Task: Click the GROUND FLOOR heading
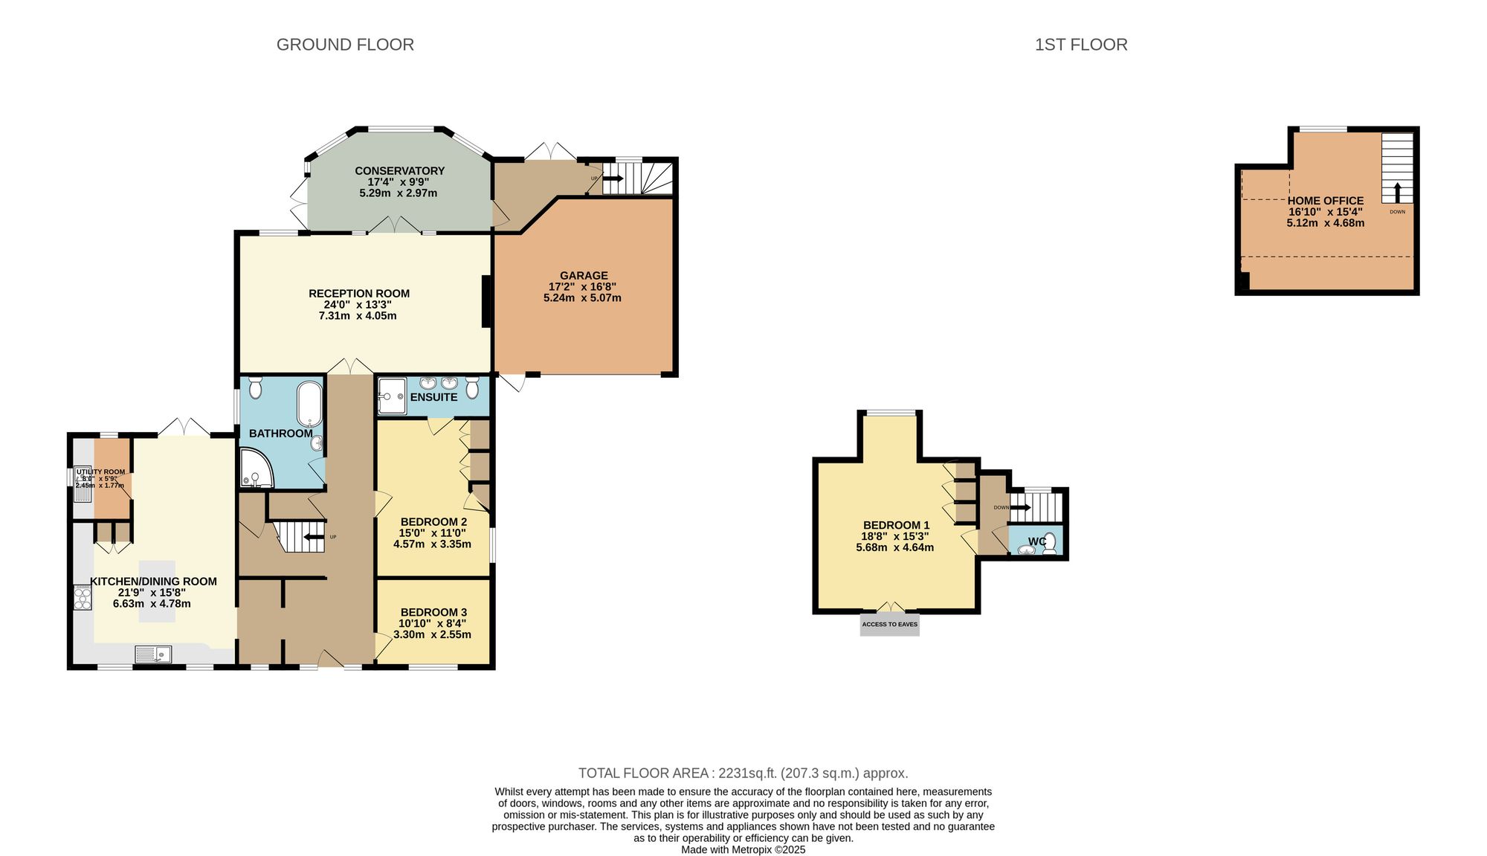tap(345, 45)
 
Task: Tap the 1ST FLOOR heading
tap(1080, 45)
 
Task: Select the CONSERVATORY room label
tap(399, 171)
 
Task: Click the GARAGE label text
tap(584, 275)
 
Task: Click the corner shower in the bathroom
tap(254, 469)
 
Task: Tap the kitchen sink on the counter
tap(153, 654)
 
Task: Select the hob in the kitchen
tap(82, 598)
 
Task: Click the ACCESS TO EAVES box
tap(889, 625)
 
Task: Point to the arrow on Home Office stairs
tap(1396, 193)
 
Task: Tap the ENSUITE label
tap(433, 397)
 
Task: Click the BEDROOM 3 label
tap(433, 612)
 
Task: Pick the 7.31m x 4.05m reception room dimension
tap(358, 316)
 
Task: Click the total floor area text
tap(743, 773)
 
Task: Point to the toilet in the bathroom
tap(255, 387)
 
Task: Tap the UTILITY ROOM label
tap(100, 472)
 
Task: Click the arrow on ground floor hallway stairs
tap(314, 536)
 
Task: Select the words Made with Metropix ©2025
tap(743, 849)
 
